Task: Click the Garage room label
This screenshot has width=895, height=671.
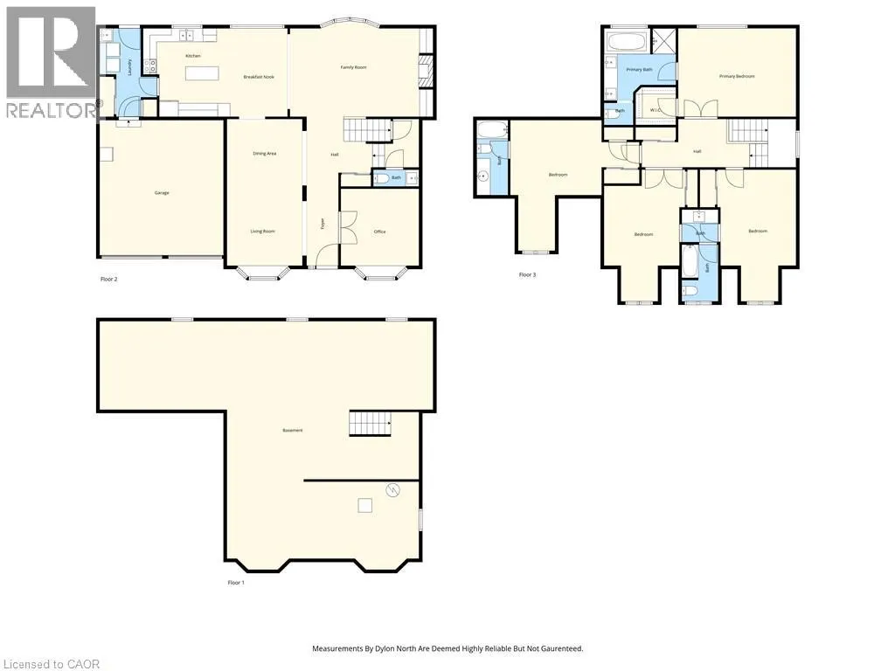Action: [x=162, y=192]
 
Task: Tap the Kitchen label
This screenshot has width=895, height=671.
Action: [x=193, y=56]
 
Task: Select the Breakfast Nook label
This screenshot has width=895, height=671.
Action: [x=259, y=78]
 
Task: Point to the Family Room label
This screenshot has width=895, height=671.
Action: [x=353, y=67]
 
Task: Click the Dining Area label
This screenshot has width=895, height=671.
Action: [x=265, y=154]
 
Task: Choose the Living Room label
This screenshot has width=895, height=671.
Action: [x=263, y=232]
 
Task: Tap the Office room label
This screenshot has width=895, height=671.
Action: [x=379, y=232]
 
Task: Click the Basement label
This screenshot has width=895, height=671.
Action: [x=293, y=431]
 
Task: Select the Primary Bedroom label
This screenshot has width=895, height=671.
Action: [x=737, y=77]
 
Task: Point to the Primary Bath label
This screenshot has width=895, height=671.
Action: [x=640, y=69]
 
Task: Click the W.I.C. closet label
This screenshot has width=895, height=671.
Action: [x=656, y=110]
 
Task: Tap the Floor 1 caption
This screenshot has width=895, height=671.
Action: [x=236, y=582]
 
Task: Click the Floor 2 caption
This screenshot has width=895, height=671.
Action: [x=109, y=280]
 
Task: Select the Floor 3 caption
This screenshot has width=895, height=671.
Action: [x=527, y=275]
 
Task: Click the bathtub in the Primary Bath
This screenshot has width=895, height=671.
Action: [x=626, y=42]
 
